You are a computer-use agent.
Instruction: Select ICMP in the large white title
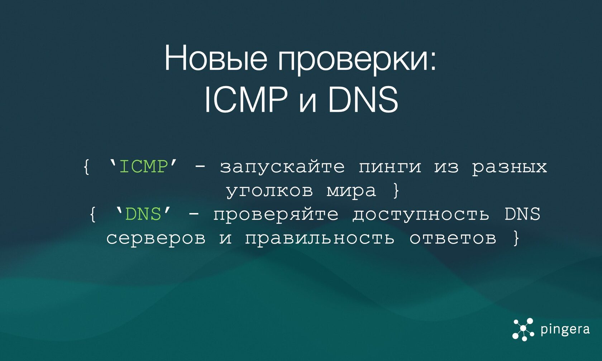coord(246,99)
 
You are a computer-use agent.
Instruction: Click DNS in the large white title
coord(363,99)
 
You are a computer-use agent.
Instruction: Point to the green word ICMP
coord(143,167)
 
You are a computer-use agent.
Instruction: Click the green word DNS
coord(143,214)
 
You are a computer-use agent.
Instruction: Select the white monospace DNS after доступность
coord(522,214)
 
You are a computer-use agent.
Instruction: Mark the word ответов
coord(453,238)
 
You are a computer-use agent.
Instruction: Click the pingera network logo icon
coord(523,329)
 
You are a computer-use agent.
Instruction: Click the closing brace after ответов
coord(516,238)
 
